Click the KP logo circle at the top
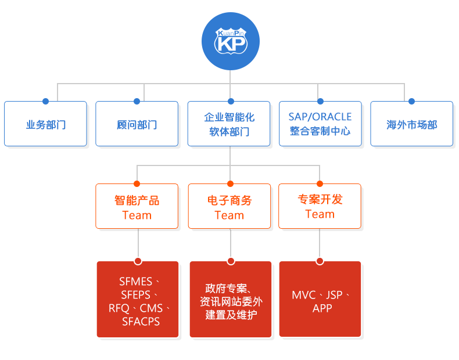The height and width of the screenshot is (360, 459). (231, 41)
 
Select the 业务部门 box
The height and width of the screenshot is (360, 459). (45, 124)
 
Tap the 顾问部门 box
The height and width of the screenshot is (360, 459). (137, 124)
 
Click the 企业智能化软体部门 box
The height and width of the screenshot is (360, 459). (229, 124)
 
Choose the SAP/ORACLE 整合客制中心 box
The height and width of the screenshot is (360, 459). (320, 124)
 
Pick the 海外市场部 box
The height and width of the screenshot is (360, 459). (411, 124)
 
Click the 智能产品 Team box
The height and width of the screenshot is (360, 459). (137, 206)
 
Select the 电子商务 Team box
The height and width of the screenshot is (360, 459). (229, 206)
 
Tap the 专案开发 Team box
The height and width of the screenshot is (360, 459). (320, 206)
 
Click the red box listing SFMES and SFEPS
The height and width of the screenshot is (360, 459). (138, 299)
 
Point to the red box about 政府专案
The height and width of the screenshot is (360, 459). (231, 299)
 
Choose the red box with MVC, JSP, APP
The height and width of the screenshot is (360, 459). (320, 299)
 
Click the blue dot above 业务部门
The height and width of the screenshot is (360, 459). (45, 101)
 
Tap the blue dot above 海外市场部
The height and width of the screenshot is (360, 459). (411, 101)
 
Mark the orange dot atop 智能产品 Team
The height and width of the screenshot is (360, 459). (137, 183)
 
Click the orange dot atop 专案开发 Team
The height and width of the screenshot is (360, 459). (320, 183)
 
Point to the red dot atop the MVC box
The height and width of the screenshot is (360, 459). (320, 261)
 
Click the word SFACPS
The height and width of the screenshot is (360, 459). (141, 322)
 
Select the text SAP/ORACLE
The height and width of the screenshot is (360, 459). (320, 117)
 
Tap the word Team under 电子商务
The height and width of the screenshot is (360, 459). (229, 215)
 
